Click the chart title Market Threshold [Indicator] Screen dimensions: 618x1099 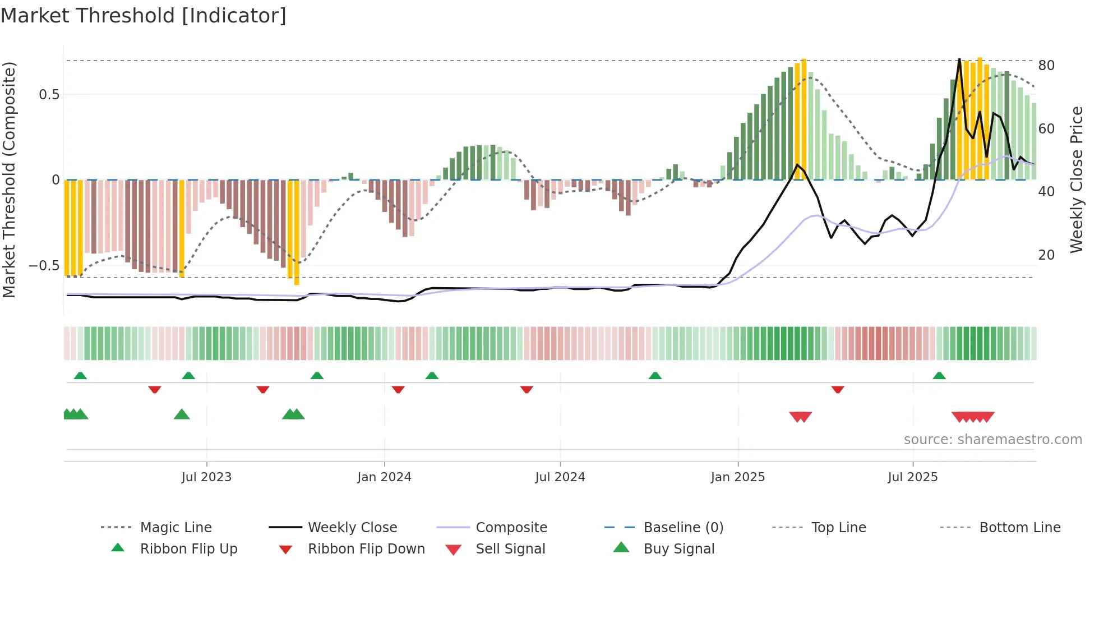(144, 16)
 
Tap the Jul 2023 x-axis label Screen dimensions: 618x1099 (206, 477)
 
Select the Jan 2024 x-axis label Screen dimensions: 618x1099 (384, 477)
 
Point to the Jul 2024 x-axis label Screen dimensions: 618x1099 (560, 477)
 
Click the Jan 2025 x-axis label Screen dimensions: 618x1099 (737, 477)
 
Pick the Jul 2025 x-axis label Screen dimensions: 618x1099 (912, 477)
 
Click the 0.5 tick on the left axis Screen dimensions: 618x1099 (49, 95)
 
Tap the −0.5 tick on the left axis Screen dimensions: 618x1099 (44, 265)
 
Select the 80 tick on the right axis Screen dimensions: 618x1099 (1046, 66)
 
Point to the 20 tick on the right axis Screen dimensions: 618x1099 (1046, 255)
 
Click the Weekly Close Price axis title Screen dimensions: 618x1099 (1076, 179)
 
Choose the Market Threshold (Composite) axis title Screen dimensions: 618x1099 (9, 179)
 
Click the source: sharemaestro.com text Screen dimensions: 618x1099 (992, 440)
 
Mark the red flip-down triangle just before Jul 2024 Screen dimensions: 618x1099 (527, 389)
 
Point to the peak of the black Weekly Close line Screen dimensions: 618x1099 (959, 59)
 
